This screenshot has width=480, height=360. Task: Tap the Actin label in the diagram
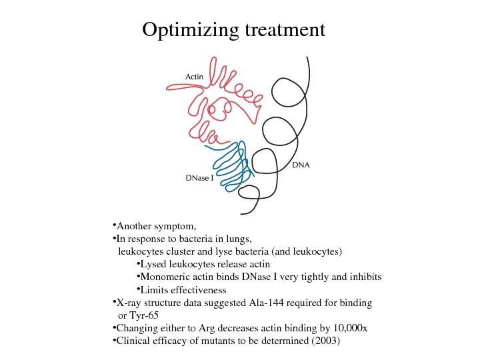[194, 77]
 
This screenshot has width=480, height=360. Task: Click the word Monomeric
[166, 277]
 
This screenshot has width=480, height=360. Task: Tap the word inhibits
[365, 277]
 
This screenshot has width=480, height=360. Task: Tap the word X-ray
[129, 303]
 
